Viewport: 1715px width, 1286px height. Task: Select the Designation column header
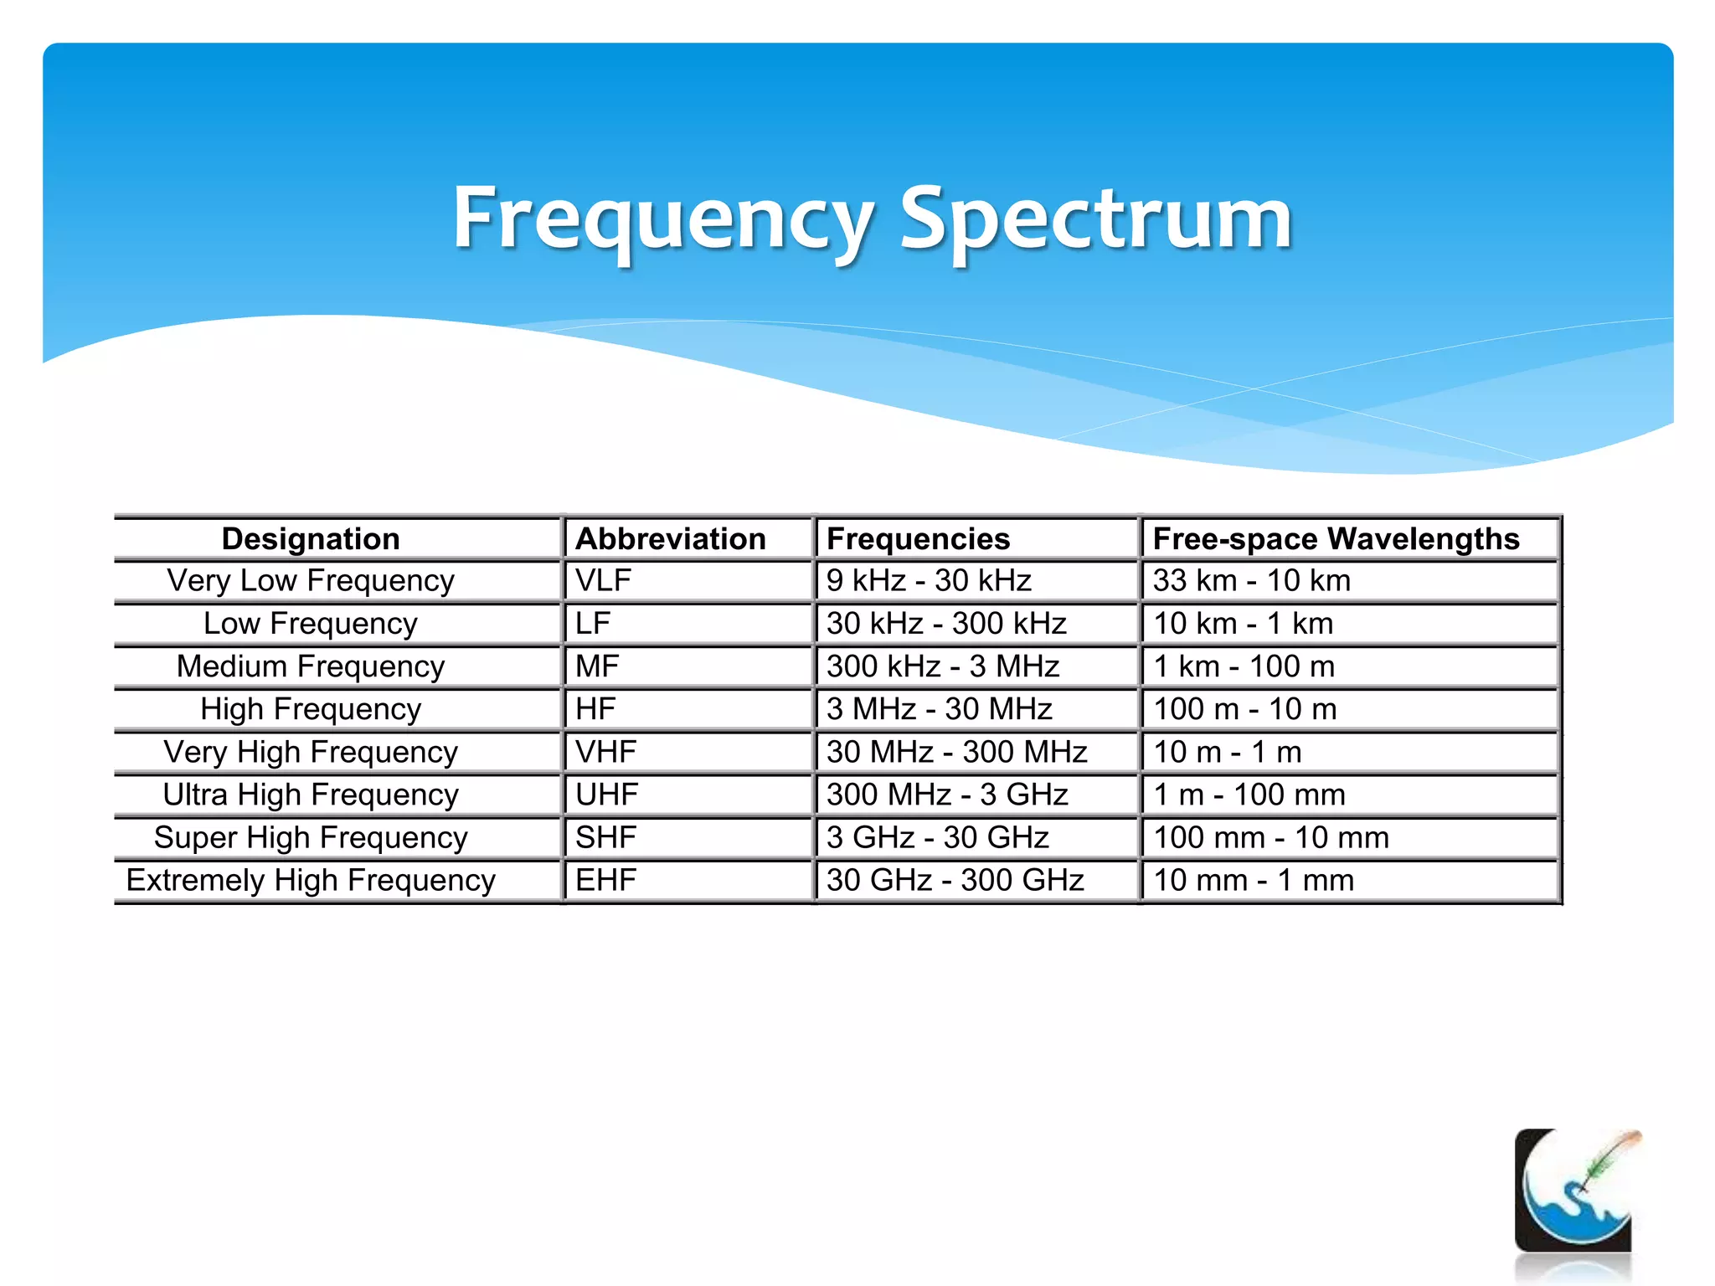pyautogui.click(x=311, y=538)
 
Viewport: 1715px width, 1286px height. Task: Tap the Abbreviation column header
pyautogui.click(x=671, y=538)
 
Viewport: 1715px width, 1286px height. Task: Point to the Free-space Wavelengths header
pyautogui.click(x=1336, y=538)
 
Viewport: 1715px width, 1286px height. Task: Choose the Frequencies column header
pyautogui.click(x=918, y=538)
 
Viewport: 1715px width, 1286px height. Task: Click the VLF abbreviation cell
pyautogui.click(x=604, y=580)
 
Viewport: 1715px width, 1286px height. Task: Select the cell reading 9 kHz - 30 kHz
pyautogui.click(x=929, y=580)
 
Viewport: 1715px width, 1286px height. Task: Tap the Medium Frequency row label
pyautogui.click(x=311, y=666)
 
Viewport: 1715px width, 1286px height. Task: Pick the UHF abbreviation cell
pyautogui.click(x=606, y=795)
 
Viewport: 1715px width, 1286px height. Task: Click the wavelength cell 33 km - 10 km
pyautogui.click(x=1252, y=580)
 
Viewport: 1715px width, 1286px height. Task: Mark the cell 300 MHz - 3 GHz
pyautogui.click(x=947, y=795)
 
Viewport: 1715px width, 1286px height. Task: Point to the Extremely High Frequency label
pyautogui.click(x=311, y=880)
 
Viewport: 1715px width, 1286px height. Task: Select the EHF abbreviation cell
pyautogui.click(x=605, y=880)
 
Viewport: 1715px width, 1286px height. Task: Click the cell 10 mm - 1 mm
pyautogui.click(x=1254, y=880)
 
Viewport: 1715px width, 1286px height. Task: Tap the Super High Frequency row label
pyautogui.click(x=311, y=837)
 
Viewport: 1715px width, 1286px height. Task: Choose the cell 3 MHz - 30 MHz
pyautogui.click(x=939, y=709)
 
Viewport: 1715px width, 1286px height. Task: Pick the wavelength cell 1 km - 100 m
pyautogui.click(x=1244, y=666)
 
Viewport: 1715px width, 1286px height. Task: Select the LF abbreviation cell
pyautogui.click(x=593, y=624)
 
